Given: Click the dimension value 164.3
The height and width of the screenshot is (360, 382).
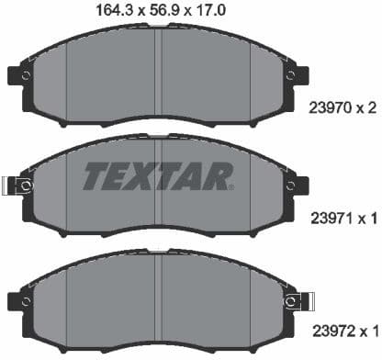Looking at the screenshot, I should tap(115, 10).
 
